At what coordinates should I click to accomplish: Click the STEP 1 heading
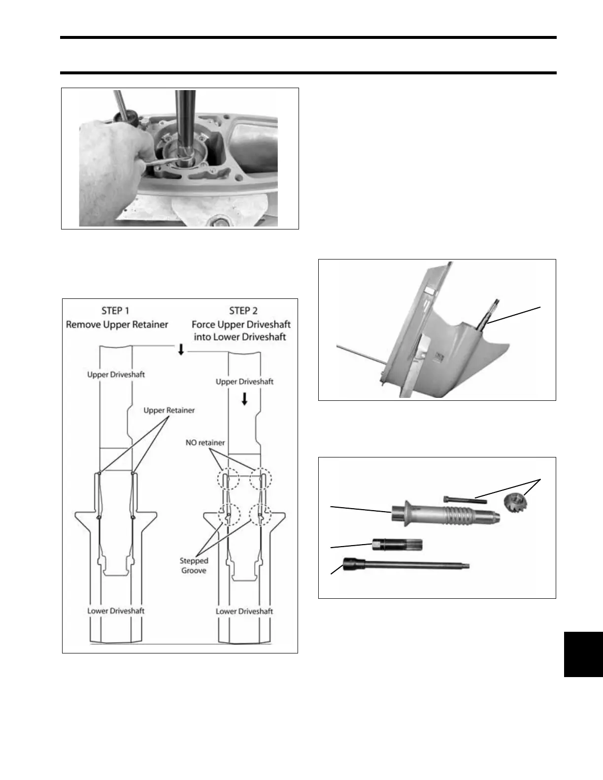click(115, 311)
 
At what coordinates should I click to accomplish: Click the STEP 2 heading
click(243, 311)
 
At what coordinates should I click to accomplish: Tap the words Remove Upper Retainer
click(117, 325)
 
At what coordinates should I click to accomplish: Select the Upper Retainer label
click(169, 410)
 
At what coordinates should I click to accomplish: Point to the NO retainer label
click(205, 443)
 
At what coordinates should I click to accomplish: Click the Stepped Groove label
click(194, 565)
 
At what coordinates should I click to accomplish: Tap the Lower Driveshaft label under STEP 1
click(116, 611)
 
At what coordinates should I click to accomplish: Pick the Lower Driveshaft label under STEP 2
click(244, 611)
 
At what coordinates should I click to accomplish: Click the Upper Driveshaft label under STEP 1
click(116, 374)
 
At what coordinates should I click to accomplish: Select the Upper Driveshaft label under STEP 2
click(244, 382)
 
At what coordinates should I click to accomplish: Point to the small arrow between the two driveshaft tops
click(181, 350)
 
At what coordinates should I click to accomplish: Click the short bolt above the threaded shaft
click(465, 500)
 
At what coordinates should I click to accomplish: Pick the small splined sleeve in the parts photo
click(397, 544)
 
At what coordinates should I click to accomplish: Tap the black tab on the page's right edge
click(583, 654)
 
